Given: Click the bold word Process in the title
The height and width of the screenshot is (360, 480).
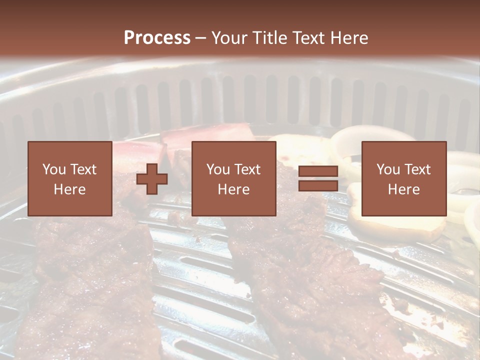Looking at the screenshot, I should pos(157,38).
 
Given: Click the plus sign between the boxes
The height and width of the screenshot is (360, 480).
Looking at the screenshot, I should pos(152,179).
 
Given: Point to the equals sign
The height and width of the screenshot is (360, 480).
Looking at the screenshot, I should pos(318,178).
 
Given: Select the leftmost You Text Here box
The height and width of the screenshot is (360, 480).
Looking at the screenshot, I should pos(69,178).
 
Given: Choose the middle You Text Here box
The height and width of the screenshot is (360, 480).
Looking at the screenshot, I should pos(233,178).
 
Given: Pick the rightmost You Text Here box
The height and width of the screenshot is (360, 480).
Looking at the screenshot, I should pos(403,178).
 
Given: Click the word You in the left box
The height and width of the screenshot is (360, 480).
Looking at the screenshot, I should pos(53,169).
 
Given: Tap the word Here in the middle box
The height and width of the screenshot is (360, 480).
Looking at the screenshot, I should pos(233,189).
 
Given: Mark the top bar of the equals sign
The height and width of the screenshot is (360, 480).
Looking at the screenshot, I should pos(318,171).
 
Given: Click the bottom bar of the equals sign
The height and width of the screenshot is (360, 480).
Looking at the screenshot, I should pos(318,185).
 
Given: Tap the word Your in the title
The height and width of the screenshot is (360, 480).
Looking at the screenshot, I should pos(228,38).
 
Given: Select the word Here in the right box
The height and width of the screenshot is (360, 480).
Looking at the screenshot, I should pos(403,189).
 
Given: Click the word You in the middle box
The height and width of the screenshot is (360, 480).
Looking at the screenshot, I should pos(217,169).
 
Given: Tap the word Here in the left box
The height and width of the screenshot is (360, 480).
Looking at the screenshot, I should pos(69,189).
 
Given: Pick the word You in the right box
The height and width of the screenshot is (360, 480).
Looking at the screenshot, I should pos(387,169).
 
